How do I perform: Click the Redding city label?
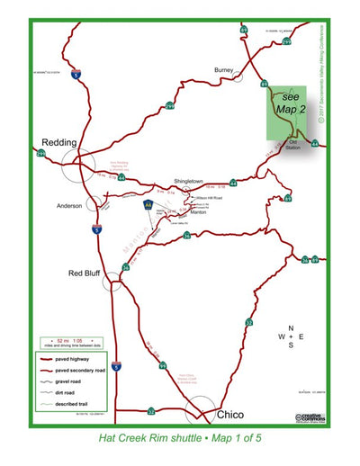(58, 142)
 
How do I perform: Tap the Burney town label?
(224, 69)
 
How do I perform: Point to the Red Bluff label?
(87, 272)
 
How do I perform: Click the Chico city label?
(232, 415)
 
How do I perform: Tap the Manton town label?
(200, 213)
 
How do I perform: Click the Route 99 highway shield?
(162, 366)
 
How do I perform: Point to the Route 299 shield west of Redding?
(40, 154)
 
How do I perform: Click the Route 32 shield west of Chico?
(151, 410)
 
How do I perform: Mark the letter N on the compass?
(290, 328)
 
